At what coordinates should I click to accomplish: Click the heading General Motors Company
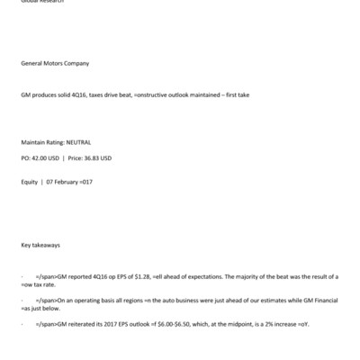pyautogui.click(x=55, y=64)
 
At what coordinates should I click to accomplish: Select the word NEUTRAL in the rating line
pyautogui.click(x=78, y=142)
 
